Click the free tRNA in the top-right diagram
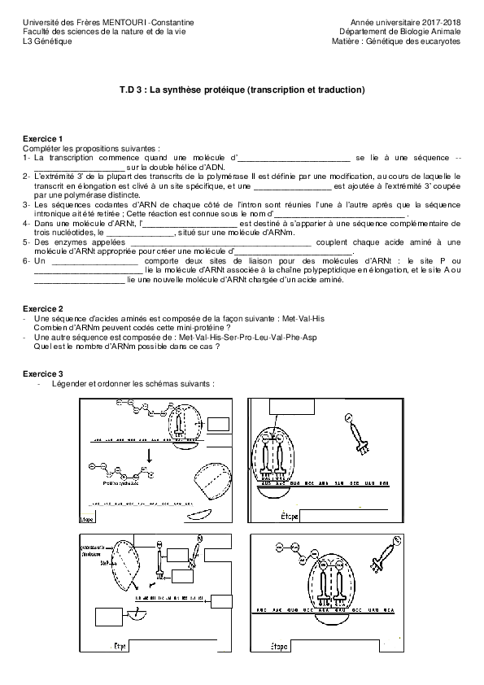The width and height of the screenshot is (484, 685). click(357, 434)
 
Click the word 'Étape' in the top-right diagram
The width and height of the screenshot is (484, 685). click(290, 517)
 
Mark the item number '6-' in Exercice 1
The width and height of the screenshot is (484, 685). click(27, 260)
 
